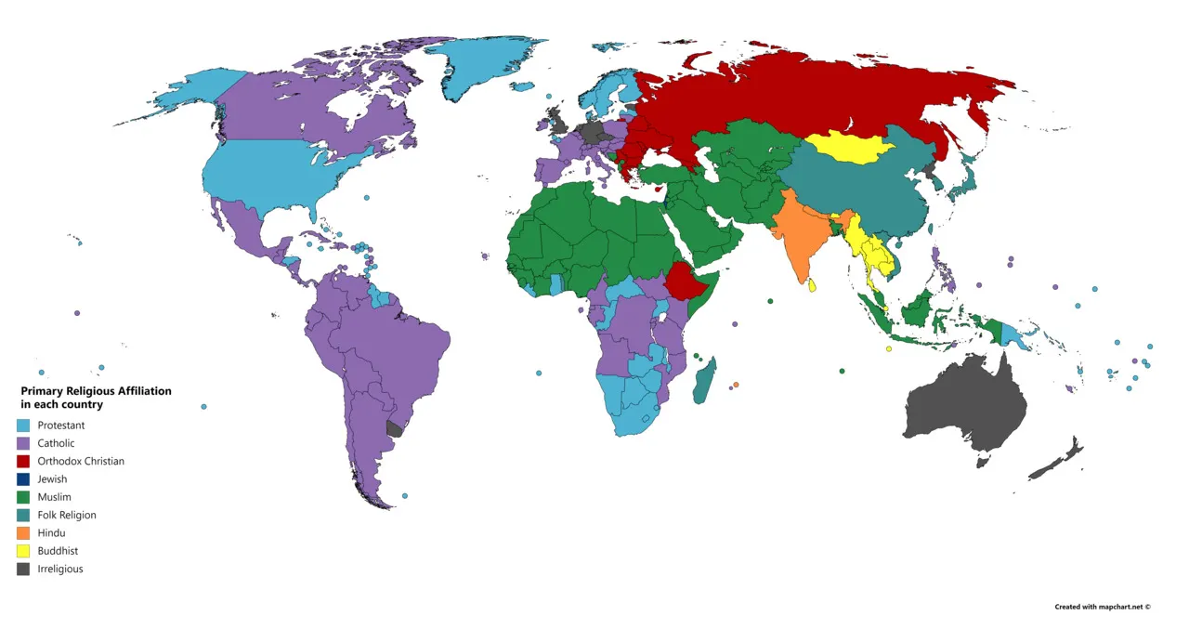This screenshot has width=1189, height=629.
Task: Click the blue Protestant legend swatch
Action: tap(22, 426)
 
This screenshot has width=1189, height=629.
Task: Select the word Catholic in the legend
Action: tap(56, 443)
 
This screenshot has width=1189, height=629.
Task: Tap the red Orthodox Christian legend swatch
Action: tap(22, 462)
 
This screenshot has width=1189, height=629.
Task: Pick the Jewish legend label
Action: tap(52, 479)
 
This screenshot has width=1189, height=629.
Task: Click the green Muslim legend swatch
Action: tap(22, 497)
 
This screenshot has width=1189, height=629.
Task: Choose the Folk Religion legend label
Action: tap(67, 515)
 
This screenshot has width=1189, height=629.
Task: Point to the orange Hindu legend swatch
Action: tap(22, 533)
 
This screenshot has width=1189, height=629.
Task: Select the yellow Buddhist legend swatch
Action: tap(22, 551)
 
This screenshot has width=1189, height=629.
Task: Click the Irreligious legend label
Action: tap(60, 569)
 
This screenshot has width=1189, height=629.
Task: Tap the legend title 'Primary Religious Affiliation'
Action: tap(96, 391)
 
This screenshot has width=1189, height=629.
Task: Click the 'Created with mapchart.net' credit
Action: tap(1102, 607)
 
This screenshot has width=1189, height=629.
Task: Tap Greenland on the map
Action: tap(483, 65)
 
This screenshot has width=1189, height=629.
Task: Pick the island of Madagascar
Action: tap(705, 381)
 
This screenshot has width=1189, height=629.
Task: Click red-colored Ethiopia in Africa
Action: tap(686, 279)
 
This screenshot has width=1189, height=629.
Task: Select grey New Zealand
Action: tap(1059, 460)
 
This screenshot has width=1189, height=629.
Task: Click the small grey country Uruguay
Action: tap(395, 428)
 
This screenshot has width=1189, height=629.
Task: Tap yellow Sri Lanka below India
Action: tap(814, 285)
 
